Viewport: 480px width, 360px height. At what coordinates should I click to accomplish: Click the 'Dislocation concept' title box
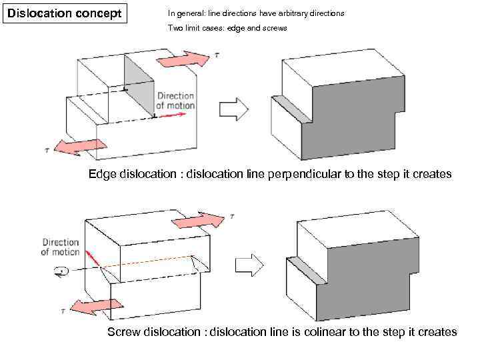point(64,13)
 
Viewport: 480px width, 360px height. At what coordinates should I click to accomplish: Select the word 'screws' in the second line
point(273,29)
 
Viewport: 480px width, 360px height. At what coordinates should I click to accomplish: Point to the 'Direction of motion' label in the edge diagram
point(176,101)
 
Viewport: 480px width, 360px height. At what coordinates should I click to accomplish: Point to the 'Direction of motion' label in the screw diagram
point(60,247)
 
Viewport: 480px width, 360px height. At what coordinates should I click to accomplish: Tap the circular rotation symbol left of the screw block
point(62,271)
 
